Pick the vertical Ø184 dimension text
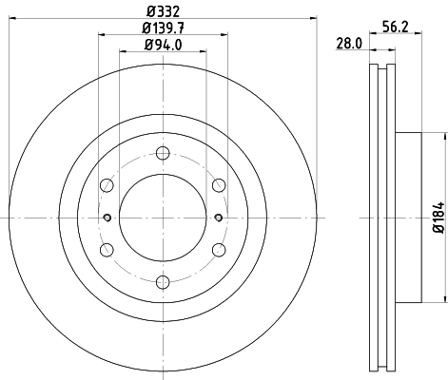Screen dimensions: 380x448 438,218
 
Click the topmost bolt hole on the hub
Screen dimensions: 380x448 163,154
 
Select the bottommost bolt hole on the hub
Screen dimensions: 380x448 163,281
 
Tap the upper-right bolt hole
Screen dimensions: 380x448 219,185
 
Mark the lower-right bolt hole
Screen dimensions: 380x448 219,249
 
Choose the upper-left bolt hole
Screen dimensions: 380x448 107,185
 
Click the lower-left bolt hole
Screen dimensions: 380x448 107,249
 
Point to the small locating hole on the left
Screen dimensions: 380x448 107,218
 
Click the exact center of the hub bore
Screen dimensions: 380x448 163,218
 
